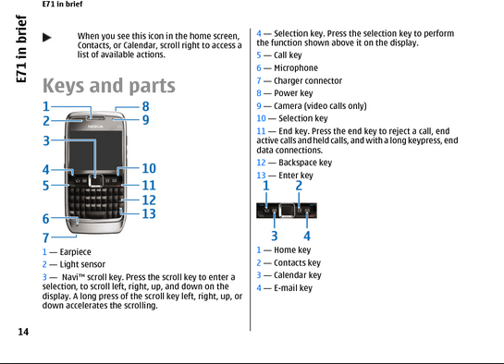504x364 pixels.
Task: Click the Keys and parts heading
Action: pyautogui.click(x=109, y=86)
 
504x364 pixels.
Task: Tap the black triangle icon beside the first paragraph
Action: pyautogui.click(x=47, y=38)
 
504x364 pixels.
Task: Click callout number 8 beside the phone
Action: pyautogui.click(x=145, y=106)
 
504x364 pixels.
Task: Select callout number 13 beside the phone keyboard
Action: pyautogui.click(x=149, y=213)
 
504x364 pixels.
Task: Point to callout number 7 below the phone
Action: pyautogui.click(x=46, y=237)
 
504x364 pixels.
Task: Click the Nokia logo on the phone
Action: pyautogui.click(x=96, y=127)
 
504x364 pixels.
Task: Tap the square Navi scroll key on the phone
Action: pyautogui.click(x=96, y=180)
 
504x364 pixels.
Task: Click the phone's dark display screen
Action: pyautogui.click(x=96, y=152)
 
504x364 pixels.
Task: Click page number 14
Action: pyautogui.click(x=23, y=332)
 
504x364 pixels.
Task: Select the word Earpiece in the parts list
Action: pyautogui.click(x=75, y=252)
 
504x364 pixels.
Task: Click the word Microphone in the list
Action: pyautogui.click(x=296, y=68)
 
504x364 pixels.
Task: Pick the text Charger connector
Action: pyautogui.click(x=308, y=81)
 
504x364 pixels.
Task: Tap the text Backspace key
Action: pyautogui.click(x=305, y=163)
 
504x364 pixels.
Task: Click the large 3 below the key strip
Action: pyautogui.click(x=274, y=237)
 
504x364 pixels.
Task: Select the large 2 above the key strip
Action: pyautogui.click(x=299, y=186)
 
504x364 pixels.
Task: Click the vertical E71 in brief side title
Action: pyautogui.click(x=21, y=49)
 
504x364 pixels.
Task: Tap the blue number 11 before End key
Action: pyautogui.click(x=261, y=131)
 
